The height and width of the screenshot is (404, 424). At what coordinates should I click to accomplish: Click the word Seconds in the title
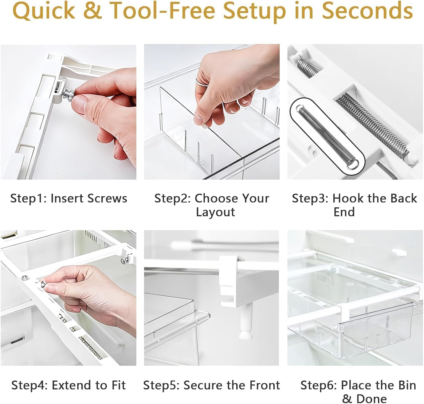tap(367, 11)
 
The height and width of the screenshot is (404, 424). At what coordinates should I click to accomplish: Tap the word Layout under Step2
tap(215, 212)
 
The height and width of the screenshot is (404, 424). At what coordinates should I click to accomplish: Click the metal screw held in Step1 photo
tap(69, 94)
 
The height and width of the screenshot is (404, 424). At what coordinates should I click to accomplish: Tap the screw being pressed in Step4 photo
tap(43, 284)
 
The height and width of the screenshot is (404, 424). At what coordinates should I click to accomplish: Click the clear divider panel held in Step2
tap(181, 124)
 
